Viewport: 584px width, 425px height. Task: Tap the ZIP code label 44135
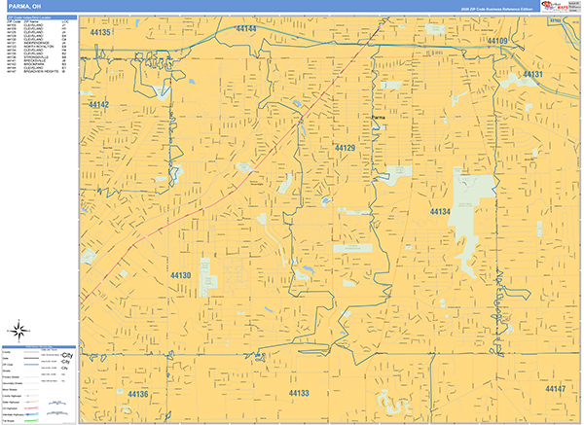pos(100,33)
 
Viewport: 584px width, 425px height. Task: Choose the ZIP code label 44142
pos(98,104)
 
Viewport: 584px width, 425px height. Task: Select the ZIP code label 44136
pos(136,394)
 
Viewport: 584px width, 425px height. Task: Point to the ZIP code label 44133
pos(298,393)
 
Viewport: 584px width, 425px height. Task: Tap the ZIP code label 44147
pos(555,389)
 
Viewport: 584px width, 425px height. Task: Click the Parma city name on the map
pos(379,118)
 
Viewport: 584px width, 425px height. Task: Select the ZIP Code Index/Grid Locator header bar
pos(39,18)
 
